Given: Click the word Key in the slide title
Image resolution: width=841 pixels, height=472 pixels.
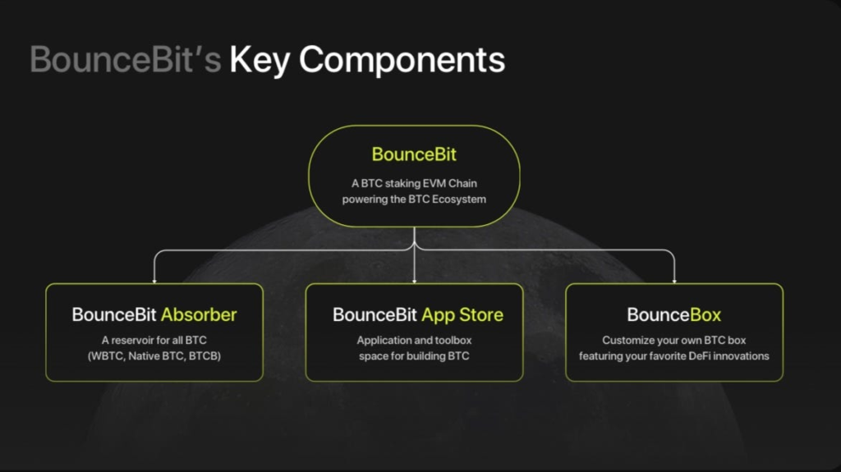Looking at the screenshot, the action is pos(260,60).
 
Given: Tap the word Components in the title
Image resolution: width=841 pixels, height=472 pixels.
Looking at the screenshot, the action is pos(402,60).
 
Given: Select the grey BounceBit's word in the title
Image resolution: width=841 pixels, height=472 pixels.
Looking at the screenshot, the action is pos(125,59).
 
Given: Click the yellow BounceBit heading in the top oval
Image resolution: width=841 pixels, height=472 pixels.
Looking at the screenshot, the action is pos(414,154).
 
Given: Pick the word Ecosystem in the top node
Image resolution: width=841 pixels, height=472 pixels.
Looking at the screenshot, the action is pos(459,199).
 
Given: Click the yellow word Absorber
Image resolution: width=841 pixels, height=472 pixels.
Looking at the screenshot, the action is pos(199,315).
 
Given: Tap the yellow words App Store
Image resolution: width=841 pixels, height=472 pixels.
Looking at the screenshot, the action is pos(462,315).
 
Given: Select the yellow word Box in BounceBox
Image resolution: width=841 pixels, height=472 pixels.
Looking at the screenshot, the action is pos(705,315).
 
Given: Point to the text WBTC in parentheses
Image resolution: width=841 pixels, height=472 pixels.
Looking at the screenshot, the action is pos(107,356).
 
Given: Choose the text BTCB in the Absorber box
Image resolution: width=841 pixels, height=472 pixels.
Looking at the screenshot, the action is pos(204,356).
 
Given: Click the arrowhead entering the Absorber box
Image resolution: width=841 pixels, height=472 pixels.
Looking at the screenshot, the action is pos(154,281).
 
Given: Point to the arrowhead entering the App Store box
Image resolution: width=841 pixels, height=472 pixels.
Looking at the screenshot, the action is pos(414,281).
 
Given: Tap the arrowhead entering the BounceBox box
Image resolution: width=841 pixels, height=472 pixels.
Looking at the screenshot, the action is pos(674,281).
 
